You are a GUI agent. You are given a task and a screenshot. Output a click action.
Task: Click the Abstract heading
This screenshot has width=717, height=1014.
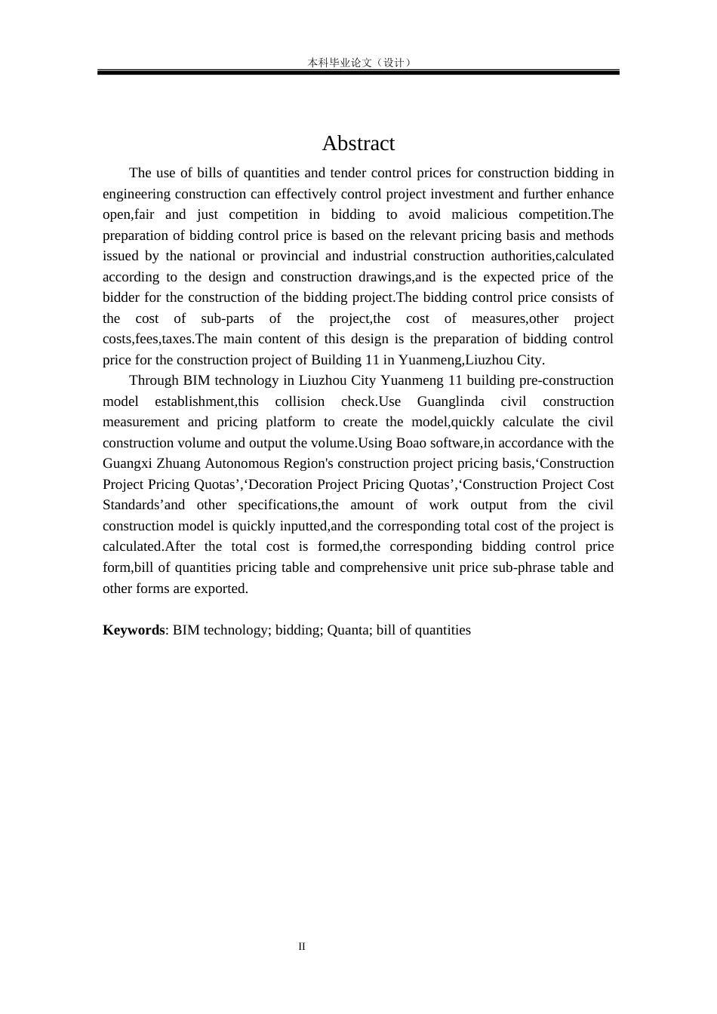358,143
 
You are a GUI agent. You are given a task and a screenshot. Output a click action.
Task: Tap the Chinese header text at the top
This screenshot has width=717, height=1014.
358,63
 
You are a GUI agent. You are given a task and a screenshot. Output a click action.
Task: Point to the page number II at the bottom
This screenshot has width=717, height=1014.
302,946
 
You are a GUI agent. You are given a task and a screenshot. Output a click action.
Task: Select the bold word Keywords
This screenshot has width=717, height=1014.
134,630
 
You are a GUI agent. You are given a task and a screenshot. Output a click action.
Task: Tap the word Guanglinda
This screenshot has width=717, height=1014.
451,401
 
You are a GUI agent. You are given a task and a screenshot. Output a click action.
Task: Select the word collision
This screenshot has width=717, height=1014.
300,401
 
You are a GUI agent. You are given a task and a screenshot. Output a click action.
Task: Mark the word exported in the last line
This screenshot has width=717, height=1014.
221,588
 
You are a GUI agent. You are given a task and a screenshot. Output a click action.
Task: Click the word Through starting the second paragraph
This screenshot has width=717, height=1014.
153,380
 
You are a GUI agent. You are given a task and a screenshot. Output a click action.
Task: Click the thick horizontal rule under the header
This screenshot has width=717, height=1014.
358,72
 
